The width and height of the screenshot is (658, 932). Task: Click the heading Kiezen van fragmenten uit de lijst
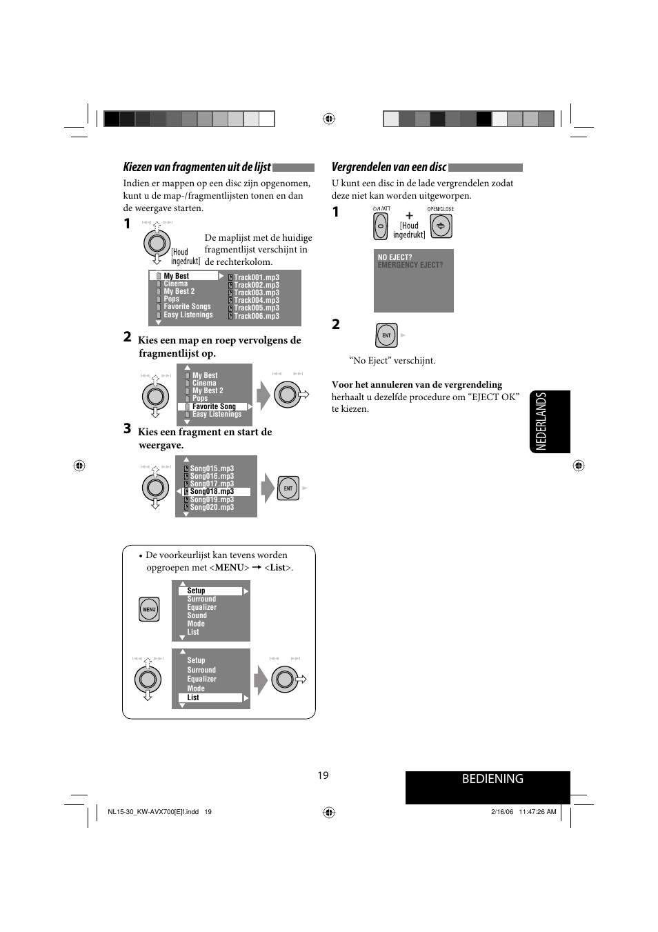[197, 167]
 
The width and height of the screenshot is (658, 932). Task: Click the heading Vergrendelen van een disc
[389, 167]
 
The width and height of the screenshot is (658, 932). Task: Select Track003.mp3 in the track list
[256, 293]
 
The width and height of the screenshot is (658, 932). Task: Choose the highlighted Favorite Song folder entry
[214, 406]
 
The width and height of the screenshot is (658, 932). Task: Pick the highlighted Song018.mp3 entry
[212, 492]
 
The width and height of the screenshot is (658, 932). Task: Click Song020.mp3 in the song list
[212, 507]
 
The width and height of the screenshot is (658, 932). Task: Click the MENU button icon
[149, 609]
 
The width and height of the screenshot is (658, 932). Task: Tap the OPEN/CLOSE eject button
[441, 226]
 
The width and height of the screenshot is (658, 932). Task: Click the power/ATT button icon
[381, 226]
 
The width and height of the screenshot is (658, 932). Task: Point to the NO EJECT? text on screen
[395, 257]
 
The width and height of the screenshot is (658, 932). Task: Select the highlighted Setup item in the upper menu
[197, 591]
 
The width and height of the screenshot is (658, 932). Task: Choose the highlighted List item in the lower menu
[194, 697]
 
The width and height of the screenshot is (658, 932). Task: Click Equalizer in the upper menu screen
[201, 608]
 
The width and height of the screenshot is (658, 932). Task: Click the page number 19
[323, 775]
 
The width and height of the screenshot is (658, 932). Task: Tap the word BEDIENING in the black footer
[492, 779]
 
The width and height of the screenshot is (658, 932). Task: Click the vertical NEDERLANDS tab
[541, 422]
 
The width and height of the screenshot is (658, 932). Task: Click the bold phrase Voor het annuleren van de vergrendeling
[417, 385]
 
